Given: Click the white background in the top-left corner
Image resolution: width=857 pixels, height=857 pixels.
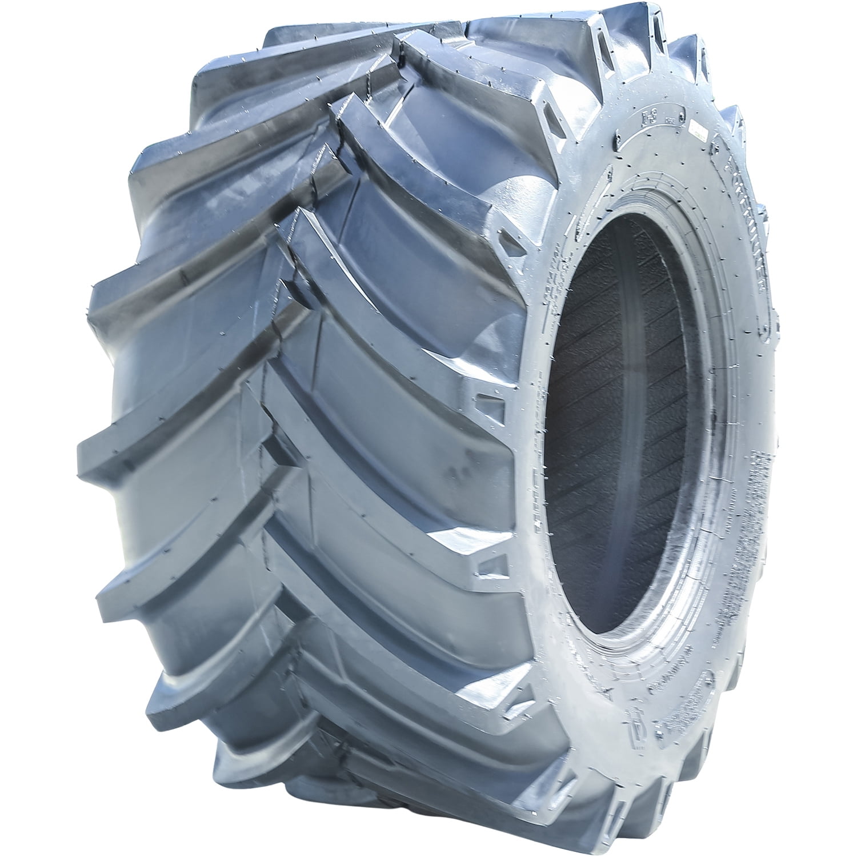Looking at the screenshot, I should pyautogui.click(x=34, y=34).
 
